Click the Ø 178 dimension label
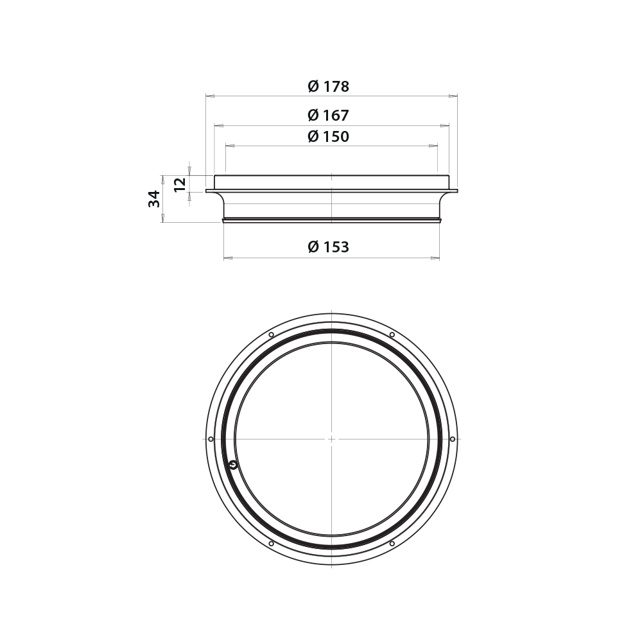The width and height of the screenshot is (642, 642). click(328, 86)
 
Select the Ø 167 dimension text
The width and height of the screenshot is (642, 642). click(328, 116)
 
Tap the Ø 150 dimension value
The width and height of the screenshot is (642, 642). click(328, 137)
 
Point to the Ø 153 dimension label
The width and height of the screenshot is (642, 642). click(328, 247)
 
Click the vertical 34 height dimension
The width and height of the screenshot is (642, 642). click(155, 198)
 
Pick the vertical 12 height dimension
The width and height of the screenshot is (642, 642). click(180, 183)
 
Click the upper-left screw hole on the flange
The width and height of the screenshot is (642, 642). click(271, 334)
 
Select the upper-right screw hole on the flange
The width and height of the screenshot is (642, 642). click(392, 334)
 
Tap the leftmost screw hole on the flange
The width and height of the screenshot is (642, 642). click(211, 439)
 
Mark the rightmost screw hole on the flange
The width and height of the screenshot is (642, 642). click(453, 439)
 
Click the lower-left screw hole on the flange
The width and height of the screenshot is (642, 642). click(271, 544)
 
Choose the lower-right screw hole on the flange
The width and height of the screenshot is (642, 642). click(392, 544)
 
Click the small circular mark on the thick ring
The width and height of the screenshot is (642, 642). click(233, 465)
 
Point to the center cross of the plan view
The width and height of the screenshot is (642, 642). click(331, 439)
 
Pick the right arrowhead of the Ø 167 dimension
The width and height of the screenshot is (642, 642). click(446, 126)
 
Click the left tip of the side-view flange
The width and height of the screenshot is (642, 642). click(207, 191)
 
